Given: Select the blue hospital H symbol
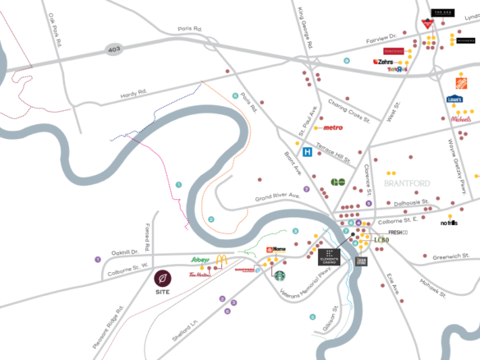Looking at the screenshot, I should [307, 152].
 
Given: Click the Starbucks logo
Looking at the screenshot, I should [279, 276].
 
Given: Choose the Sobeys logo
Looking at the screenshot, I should [201, 260].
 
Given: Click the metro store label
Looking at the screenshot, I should [333, 127].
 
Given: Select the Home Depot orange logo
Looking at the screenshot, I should [462, 83].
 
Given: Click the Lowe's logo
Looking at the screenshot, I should [455, 99].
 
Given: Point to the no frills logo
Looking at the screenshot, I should [449, 223].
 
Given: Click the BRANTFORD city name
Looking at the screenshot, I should [401, 183].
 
